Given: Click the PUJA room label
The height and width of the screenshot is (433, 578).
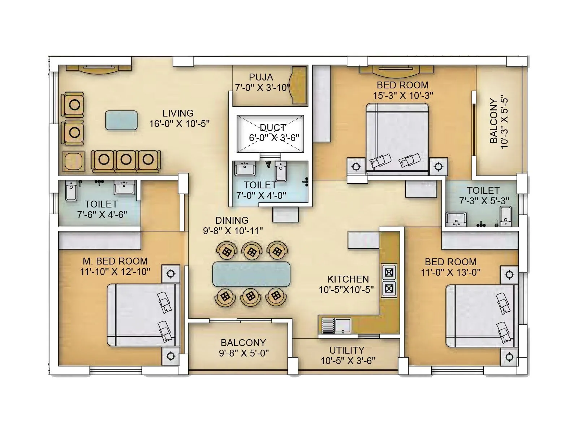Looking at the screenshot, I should [261, 77].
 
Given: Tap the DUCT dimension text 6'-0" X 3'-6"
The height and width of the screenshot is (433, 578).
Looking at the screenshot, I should [274, 137].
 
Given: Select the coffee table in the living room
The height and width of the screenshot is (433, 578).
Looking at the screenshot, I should [121, 120].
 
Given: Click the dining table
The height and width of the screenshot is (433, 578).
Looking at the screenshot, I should [251, 274].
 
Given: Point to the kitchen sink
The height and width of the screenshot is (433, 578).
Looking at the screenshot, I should [342, 325].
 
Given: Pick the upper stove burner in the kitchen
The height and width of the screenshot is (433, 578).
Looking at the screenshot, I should [389, 272].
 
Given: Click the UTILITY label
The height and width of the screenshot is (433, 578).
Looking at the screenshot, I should [346, 350].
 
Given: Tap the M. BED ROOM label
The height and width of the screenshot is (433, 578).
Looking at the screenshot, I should [115, 261].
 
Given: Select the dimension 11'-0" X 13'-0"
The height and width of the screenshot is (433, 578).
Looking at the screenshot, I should [450, 272].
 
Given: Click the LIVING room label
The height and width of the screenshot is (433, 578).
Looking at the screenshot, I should [178, 113].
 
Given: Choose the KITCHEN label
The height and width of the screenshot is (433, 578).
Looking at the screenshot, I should [348, 279].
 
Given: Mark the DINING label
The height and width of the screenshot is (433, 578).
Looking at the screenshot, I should [232, 220].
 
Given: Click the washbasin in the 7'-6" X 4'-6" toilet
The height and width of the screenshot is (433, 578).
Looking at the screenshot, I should [124, 188].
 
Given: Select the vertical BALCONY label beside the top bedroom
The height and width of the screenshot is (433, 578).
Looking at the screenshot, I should [494, 121].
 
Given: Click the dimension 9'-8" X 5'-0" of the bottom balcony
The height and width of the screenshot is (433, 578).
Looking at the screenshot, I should [243, 353].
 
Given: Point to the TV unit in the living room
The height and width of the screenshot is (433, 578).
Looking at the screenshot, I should [99, 69].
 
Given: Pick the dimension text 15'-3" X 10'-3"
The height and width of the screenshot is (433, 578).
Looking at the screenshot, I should [403, 95].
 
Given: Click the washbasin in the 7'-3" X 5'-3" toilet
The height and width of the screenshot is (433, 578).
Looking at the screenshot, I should [456, 219].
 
